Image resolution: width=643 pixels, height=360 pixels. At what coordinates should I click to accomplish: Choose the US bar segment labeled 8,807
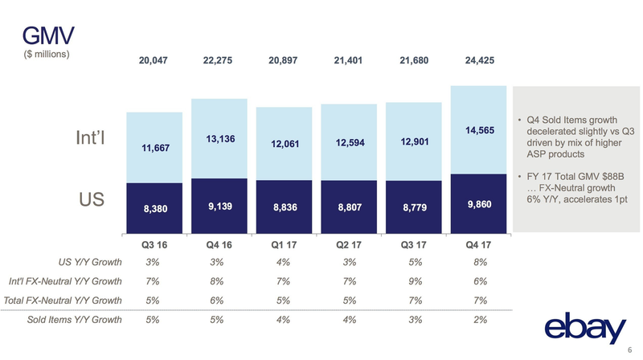tap(350, 206)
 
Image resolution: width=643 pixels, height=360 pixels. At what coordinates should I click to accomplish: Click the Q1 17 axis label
tap(285, 245)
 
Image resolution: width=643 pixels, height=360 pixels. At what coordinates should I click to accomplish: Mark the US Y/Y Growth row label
tap(90, 263)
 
